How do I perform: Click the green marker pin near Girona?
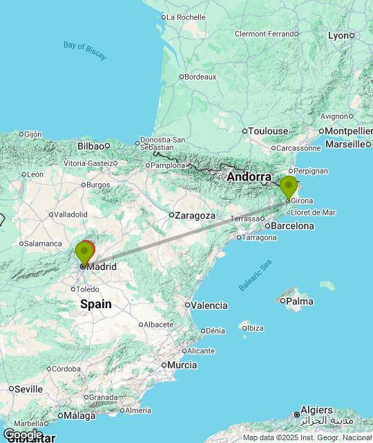coord(289,186)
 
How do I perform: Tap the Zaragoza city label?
coord(196,215)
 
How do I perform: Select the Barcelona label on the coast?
coord(293,226)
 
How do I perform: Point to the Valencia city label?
coord(209,305)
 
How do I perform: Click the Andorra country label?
coord(249,177)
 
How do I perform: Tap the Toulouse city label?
coord(269,131)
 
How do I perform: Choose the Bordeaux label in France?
coord(201,77)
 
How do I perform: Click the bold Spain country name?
coord(96,304)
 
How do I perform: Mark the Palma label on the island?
coord(300,301)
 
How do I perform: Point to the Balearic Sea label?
coord(256,275)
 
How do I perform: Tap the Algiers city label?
coord(317,410)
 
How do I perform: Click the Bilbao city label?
coord(90,146)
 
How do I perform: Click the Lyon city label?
coord(338,35)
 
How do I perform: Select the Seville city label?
coord(28,389)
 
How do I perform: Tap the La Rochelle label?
coord(186,17)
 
